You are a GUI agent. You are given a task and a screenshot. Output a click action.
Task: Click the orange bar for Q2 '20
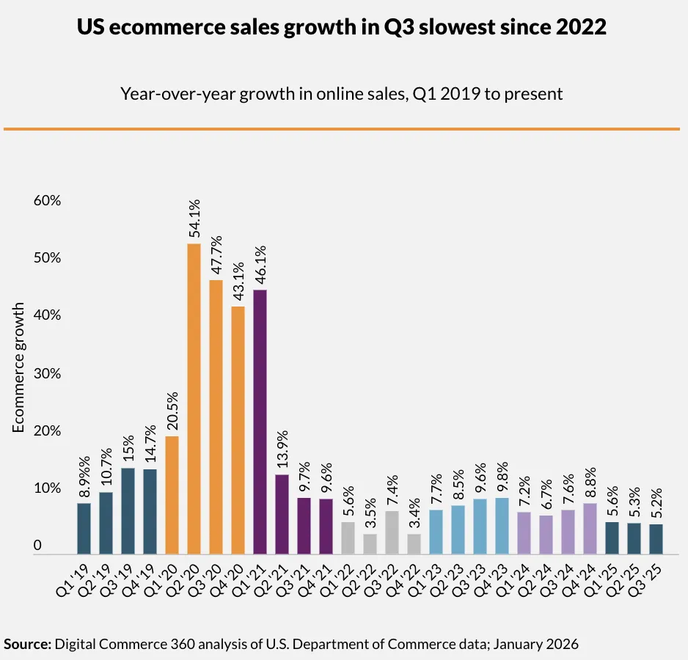(194, 399)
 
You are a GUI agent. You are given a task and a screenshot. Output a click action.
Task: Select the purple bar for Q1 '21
(260, 422)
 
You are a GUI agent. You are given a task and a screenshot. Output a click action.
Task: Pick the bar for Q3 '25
(656, 539)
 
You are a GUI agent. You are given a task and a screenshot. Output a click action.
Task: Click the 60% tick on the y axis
(46, 201)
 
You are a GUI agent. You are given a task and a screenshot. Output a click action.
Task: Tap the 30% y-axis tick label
(46, 374)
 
